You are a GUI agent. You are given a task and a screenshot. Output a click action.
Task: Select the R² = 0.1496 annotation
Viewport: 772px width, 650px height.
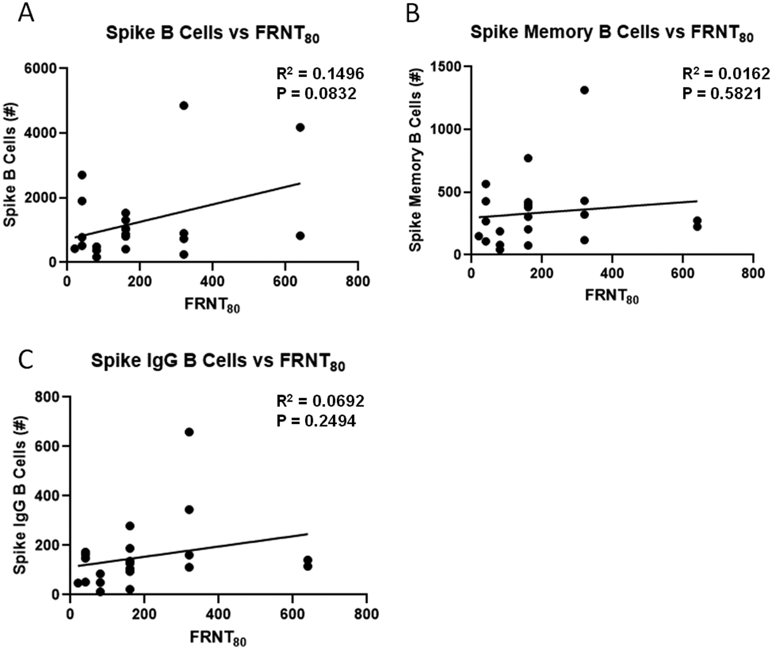[x=320, y=74]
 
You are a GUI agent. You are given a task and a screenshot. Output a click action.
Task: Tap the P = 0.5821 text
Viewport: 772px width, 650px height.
[x=722, y=94]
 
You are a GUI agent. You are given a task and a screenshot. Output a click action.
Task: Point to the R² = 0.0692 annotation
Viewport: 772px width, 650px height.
[x=320, y=401]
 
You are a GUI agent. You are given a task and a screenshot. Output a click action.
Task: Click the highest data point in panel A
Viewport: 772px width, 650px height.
[x=184, y=106]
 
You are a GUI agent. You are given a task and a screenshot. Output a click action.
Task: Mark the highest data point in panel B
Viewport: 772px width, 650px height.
[x=584, y=90]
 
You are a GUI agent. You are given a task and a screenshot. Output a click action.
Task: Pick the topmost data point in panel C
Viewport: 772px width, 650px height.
[x=189, y=432]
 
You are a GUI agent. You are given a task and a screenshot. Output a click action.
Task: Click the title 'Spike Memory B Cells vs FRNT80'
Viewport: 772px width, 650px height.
[x=612, y=33]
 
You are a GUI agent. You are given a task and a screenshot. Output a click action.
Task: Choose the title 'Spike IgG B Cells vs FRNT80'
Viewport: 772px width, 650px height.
[x=218, y=361]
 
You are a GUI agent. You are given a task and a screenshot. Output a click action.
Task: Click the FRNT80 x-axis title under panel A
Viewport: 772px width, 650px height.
[x=212, y=305]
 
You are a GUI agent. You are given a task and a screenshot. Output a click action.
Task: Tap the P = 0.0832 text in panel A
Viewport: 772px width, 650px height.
[x=316, y=94]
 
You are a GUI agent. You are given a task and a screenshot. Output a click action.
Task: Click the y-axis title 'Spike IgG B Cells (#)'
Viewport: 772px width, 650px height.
[x=20, y=495]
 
